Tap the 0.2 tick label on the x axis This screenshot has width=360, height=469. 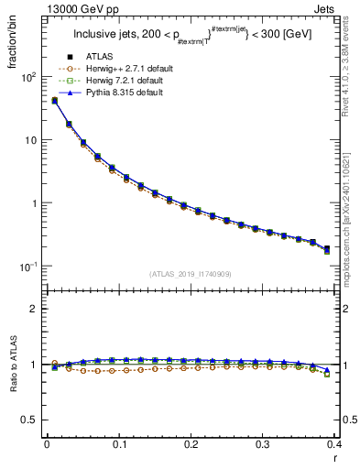point(191,444)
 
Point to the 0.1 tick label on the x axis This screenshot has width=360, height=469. point(119,444)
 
